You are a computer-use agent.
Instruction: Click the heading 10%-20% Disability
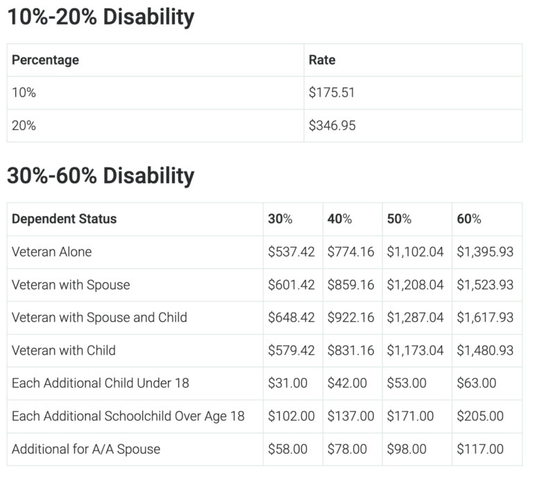click(101, 17)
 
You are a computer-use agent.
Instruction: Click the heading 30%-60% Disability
click(101, 176)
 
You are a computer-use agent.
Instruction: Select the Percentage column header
click(45, 60)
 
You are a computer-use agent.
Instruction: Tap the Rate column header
click(322, 60)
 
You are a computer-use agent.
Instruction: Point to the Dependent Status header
click(64, 219)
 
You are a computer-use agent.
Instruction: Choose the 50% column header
click(399, 219)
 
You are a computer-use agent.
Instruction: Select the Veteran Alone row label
click(51, 252)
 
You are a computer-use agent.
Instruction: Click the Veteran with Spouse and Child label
click(99, 318)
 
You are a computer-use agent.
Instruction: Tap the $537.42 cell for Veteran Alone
click(291, 252)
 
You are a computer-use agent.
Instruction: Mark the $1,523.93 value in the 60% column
click(485, 285)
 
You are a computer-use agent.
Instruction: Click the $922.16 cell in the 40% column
click(350, 318)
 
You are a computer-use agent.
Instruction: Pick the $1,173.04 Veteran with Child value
click(415, 350)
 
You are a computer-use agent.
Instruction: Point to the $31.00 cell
click(287, 383)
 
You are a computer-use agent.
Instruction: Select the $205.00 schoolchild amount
click(480, 416)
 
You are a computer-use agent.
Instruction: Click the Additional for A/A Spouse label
click(86, 449)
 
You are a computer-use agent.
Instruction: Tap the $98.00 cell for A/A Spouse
click(407, 449)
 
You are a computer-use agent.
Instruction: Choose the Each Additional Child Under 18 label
click(100, 383)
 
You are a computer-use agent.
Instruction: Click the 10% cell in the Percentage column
click(24, 92)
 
